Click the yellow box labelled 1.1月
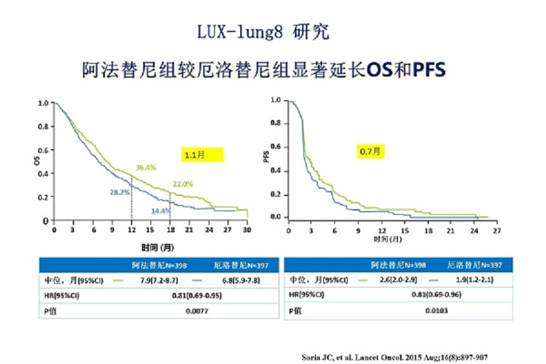click(x=203, y=155)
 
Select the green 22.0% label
click(x=184, y=184)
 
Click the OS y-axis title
click(x=38, y=160)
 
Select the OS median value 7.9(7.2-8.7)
click(x=155, y=280)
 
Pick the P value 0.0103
click(x=437, y=311)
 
